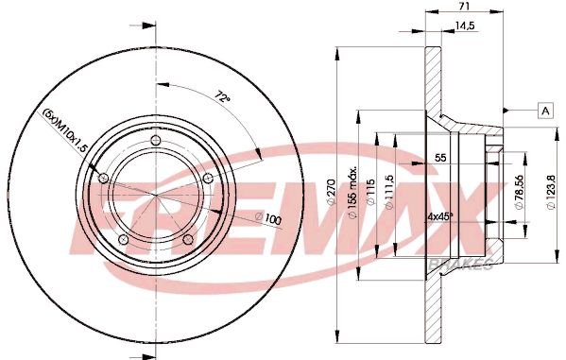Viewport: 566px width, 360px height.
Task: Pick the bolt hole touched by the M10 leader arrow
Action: point(104,179)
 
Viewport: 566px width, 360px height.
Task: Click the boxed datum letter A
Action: point(545,110)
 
